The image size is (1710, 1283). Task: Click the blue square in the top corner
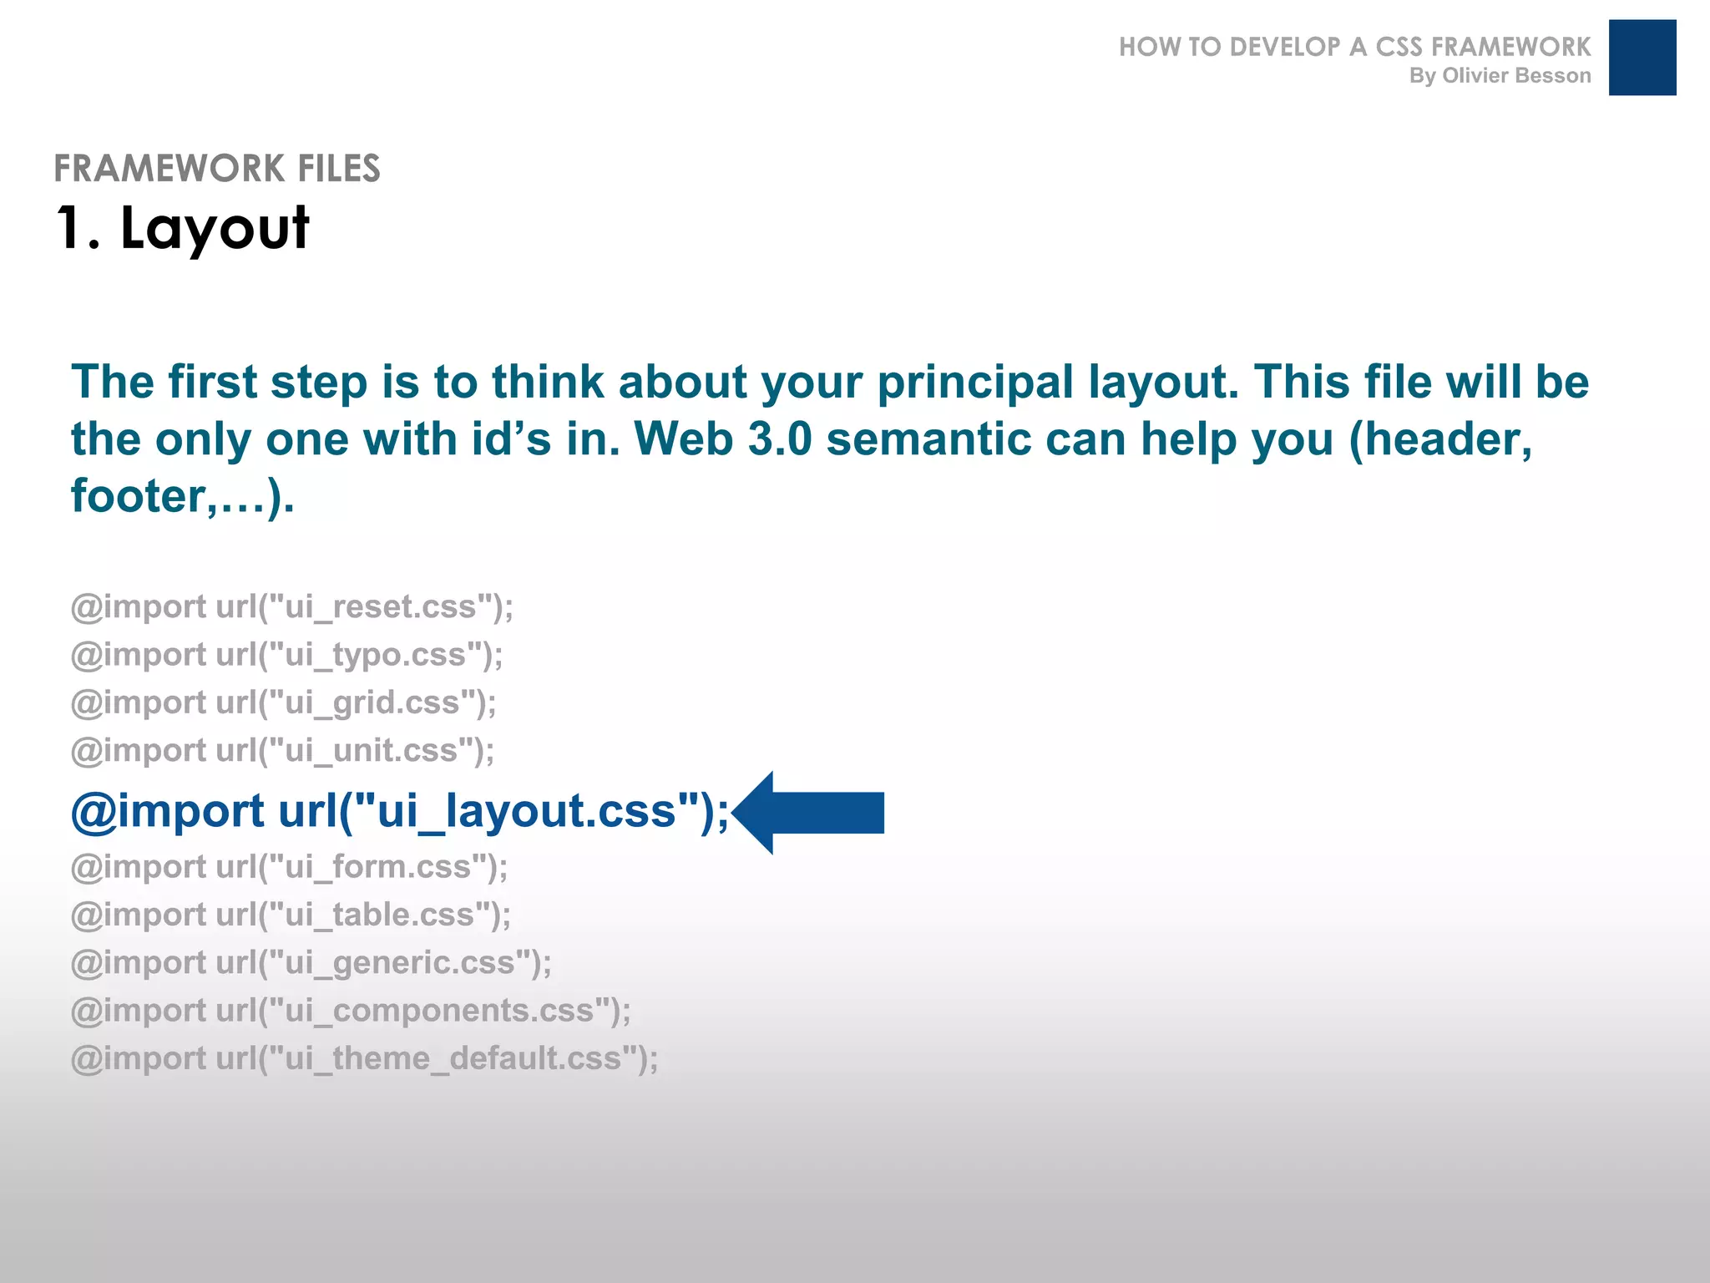click(1642, 58)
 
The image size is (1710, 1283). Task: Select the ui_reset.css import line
click(292, 607)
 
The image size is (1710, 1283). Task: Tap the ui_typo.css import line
click(287, 655)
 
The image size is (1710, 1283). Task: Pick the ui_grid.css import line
click(284, 703)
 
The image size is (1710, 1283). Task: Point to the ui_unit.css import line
click(283, 751)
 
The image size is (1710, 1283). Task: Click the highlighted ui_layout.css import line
click(400, 812)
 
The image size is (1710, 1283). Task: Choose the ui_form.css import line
click(290, 867)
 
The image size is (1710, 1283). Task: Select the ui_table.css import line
click(291, 915)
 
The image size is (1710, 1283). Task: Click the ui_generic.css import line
click(311, 963)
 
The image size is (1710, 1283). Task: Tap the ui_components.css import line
click(351, 1011)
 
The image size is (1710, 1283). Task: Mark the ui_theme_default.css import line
click(365, 1059)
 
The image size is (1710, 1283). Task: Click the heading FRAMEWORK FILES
click(217, 169)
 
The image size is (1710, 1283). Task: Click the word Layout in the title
click(215, 228)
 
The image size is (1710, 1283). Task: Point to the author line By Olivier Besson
click(1500, 76)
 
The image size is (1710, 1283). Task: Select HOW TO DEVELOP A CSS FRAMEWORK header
click(1354, 47)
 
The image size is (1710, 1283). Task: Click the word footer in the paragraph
click(137, 496)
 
